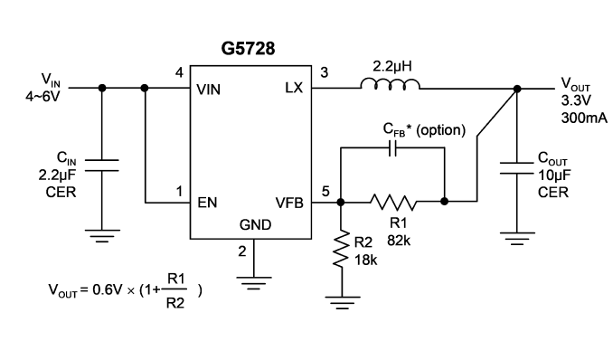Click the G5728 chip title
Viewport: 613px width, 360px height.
248,49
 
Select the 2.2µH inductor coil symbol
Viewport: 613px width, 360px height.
390,84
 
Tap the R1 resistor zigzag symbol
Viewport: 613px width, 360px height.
393,202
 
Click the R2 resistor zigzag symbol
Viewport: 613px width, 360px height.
341,249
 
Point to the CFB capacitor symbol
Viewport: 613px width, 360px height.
393,148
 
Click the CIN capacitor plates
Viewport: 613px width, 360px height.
101,166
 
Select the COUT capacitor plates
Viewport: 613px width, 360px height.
517,168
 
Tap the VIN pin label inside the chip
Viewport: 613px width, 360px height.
208,90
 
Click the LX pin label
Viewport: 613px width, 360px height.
294,88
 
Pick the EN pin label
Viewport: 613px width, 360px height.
207,203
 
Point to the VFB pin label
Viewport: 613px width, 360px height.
289,203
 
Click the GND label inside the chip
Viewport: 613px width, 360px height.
255,224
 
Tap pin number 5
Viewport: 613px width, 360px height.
325,192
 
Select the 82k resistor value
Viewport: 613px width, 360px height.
399,241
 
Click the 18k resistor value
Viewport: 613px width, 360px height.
366,260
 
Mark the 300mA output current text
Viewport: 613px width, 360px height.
584,118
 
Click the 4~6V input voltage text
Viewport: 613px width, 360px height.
42,96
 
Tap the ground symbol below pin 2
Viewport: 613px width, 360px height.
254,283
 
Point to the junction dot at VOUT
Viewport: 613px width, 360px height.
517,89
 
